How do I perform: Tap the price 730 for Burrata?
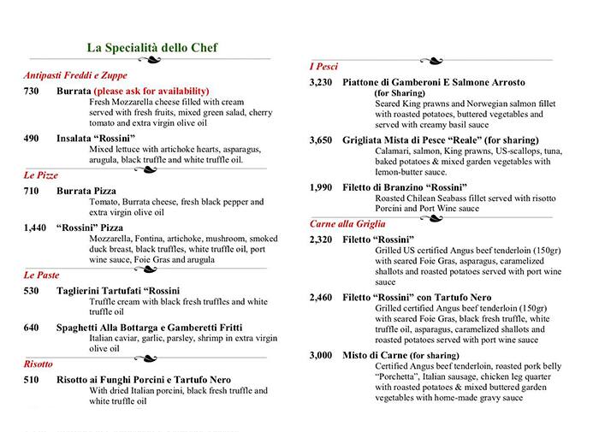pos(32,91)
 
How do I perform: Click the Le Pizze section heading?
pos(41,175)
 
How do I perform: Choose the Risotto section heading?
pos(39,364)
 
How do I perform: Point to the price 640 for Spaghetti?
pos(32,328)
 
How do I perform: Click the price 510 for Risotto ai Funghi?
pos(32,379)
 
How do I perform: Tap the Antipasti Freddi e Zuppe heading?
pos(76,74)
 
